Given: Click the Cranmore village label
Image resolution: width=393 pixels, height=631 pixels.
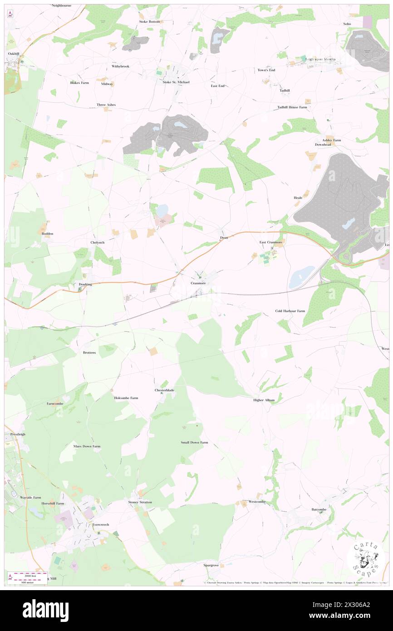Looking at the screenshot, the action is click(x=198, y=283).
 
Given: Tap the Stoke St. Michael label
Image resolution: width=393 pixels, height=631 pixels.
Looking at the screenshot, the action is click(x=176, y=82).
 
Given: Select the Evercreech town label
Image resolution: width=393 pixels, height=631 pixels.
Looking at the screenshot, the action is click(x=101, y=524).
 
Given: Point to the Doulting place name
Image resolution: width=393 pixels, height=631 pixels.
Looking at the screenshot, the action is click(x=85, y=284).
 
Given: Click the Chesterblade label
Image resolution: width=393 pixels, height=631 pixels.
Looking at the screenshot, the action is click(x=164, y=390).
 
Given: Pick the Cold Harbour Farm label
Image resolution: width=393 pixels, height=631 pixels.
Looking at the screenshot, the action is click(x=290, y=311).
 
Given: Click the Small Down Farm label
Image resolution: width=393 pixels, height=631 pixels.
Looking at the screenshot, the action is click(x=194, y=442).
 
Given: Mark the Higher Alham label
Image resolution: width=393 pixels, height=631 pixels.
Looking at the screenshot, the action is click(x=264, y=400).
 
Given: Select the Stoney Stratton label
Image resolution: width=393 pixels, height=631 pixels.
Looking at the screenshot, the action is click(x=140, y=502).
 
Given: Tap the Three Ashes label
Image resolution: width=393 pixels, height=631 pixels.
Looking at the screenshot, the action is click(x=106, y=105).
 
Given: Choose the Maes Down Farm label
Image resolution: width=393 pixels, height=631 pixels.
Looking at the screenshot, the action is click(x=87, y=446).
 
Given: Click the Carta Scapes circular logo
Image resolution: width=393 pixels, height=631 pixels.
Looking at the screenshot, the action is click(x=365, y=559).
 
